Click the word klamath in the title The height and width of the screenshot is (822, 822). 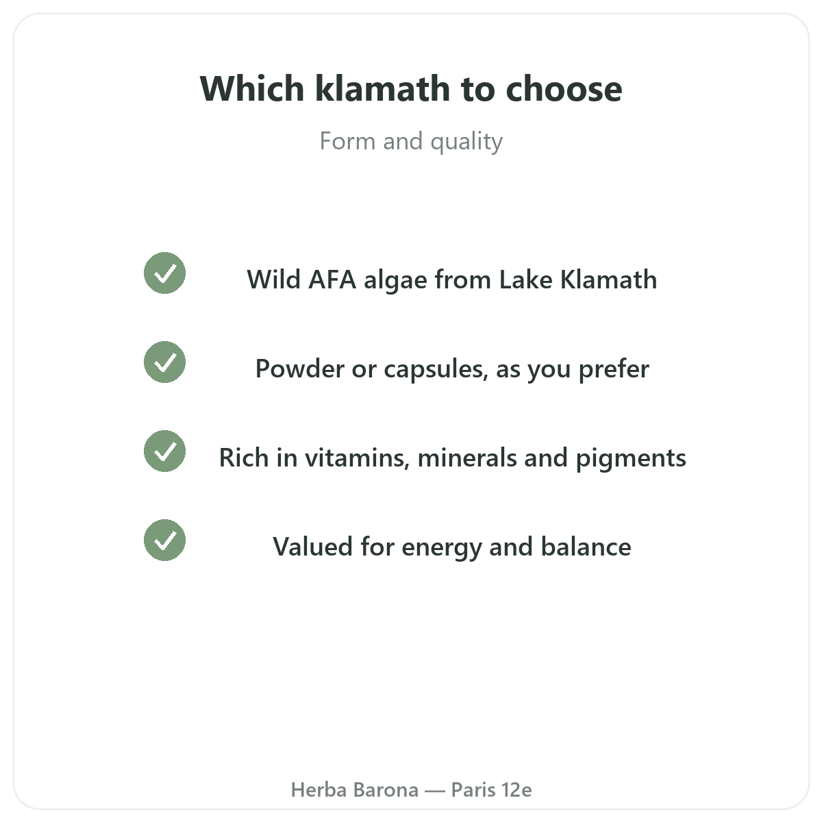(383, 88)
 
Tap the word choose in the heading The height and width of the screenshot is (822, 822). (564, 88)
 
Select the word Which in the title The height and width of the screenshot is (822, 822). (251, 88)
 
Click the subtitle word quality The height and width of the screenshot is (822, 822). (466, 142)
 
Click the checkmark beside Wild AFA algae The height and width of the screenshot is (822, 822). (164, 273)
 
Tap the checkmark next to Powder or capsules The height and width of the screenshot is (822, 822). (164, 362)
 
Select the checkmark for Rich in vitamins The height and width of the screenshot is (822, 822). (164, 451)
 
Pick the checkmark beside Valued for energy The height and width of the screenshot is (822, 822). (164, 540)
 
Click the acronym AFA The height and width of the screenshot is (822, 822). (332, 280)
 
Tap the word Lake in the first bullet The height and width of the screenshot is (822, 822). (526, 279)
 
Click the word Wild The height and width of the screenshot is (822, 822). (273, 279)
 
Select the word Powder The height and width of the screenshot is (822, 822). (299, 369)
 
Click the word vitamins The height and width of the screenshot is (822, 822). (357, 458)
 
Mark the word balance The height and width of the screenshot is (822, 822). (586, 547)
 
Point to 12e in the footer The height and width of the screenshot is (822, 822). (516, 790)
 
